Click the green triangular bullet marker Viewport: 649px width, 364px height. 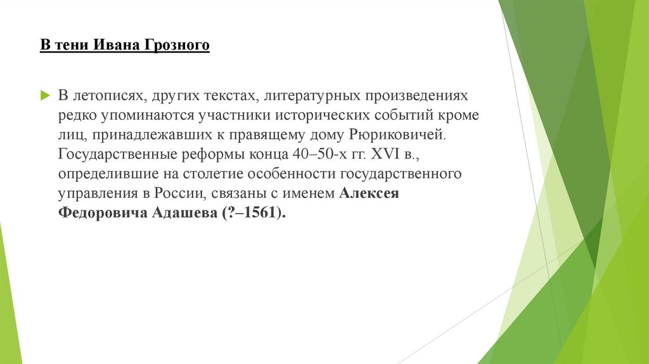coord(45,96)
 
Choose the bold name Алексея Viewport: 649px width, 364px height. coord(369,193)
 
